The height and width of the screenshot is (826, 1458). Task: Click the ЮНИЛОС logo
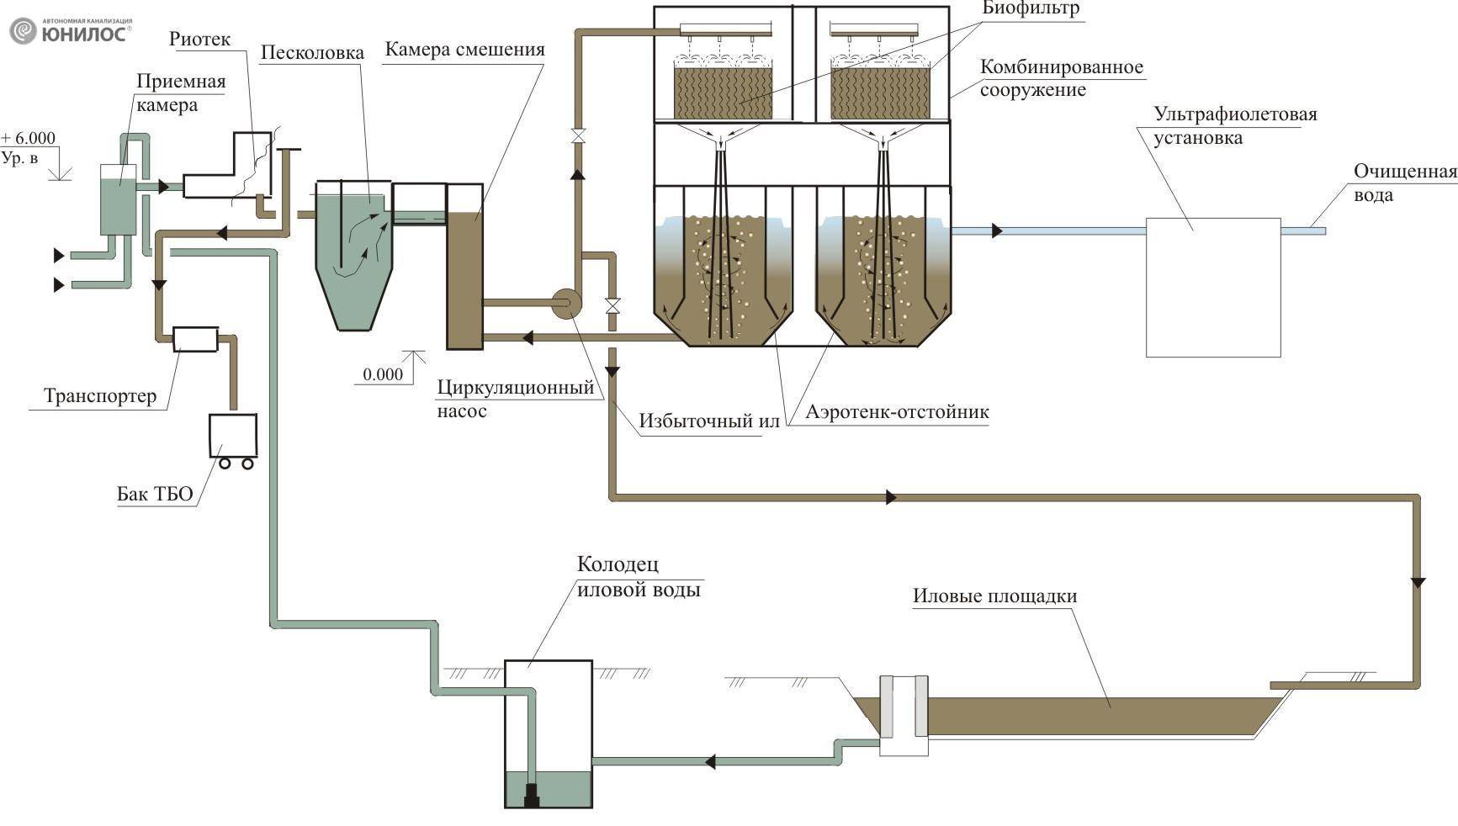click(71, 31)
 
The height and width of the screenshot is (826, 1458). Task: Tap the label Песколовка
click(311, 53)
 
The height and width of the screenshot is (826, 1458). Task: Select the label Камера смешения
click(464, 50)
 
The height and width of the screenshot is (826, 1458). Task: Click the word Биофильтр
click(1030, 9)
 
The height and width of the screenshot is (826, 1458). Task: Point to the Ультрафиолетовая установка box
click(1212, 287)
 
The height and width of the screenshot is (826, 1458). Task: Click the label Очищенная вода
click(1403, 183)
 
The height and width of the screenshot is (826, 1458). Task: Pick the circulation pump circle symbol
click(566, 303)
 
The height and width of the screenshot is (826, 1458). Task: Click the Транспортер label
click(99, 395)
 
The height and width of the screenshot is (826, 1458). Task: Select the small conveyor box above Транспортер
click(195, 339)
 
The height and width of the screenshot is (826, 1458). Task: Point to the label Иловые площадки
click(994, 596)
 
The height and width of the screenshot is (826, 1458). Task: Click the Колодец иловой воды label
click(638, 577)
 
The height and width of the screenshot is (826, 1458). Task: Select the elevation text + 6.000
click(29, 139)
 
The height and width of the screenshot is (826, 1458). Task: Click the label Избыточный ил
click(708, 421)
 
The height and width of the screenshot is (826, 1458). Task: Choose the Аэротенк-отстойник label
click(897, 412)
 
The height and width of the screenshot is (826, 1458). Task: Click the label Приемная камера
click(180, 93)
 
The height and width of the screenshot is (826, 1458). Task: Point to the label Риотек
click(199, 40)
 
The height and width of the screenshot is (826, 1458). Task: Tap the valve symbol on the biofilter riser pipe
click(578, 135)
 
